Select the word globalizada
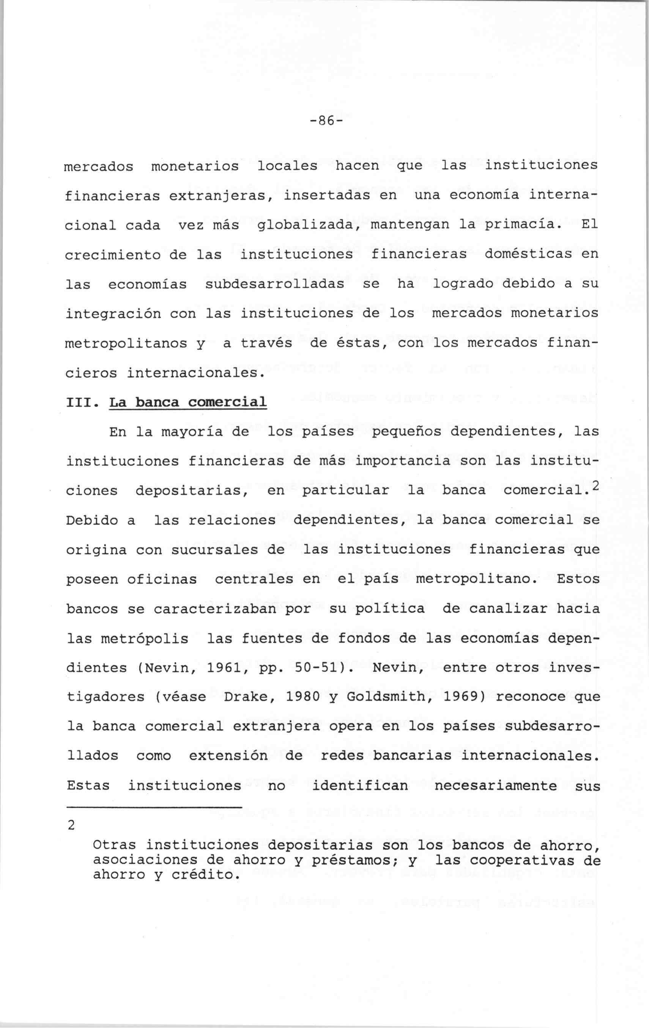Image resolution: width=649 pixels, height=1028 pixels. pyautogui.click(x=309, y=225)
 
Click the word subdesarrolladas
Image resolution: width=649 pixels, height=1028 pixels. pyautogui.click(x=275, y=284)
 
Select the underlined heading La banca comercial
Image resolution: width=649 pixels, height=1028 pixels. pyautogui.click(x=188, y=402)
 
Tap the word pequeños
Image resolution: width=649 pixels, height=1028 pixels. pyautogui.click(x=406, y=432)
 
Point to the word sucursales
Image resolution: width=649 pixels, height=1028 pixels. pyautogui.click(x=215, y=550)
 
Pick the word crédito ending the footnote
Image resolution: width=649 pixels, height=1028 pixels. pyautogui.click(x=203, y=875)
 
